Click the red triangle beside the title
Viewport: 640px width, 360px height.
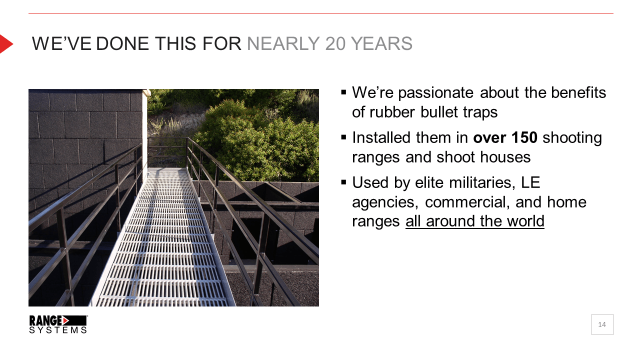point(5,43)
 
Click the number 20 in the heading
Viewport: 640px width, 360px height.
point(335,43)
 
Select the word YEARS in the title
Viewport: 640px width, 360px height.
point(381,43)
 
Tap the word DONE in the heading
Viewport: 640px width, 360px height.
point(122,43)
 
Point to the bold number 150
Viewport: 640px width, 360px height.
point(524,137)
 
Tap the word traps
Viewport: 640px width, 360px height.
point(480,112)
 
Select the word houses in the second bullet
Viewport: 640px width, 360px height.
point(505,157)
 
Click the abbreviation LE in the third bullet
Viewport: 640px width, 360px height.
point(530,182)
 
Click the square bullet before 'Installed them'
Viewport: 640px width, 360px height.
point(343,137)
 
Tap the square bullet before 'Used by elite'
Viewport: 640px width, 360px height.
point(343,182)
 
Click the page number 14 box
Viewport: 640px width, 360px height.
point(602,324)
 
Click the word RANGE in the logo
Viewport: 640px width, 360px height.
point(45,320)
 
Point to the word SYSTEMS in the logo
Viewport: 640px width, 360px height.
point(58,330)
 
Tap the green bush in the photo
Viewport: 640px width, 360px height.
point(257,143)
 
